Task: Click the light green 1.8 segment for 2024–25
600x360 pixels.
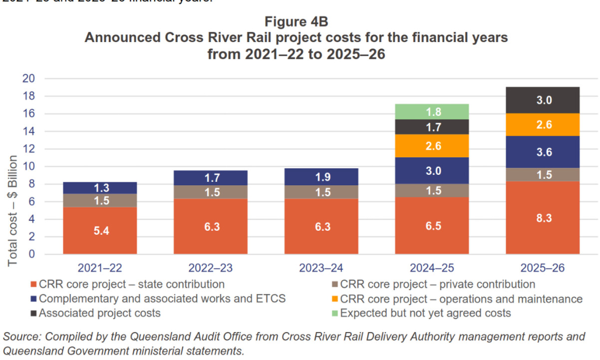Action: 432,112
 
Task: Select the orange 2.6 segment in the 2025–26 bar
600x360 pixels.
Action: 543,124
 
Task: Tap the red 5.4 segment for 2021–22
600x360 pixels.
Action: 100,230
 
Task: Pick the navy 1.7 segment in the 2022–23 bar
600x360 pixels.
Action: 211,178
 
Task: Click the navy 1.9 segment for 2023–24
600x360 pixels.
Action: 321,177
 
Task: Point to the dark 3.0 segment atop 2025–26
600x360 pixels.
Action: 543,100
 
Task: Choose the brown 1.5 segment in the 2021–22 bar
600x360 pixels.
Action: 100,200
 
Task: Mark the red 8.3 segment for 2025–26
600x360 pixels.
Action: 543,217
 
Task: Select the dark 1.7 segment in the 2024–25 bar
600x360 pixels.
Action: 432,127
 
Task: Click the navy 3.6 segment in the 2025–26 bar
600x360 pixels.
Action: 543,152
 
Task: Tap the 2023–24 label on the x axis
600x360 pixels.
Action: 321,268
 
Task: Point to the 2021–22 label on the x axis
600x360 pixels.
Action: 100,268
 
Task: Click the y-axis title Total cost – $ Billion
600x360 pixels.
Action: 13,210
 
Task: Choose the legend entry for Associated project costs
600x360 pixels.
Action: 100,314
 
